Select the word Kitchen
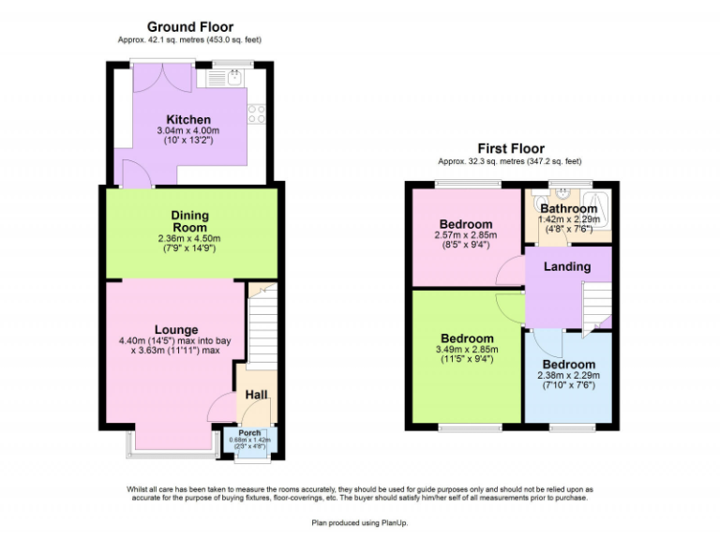click(x=188, y=120)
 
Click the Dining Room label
click(x=190, y=221)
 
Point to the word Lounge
click(x=176, y=330)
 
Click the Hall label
click(x=255, y=396)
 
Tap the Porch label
click(x=249, y=432)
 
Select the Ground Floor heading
click(x=189, y=27)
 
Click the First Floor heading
click(x=510, y=148)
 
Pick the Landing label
click(x=567, y=266)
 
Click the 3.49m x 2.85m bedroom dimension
click(x=467, y=350)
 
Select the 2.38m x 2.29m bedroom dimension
click(x=566, y=375)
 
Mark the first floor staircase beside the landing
click(x=595, y=308)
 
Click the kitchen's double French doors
click(x=151, y=78)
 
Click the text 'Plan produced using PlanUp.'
click(x=360, y=521)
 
